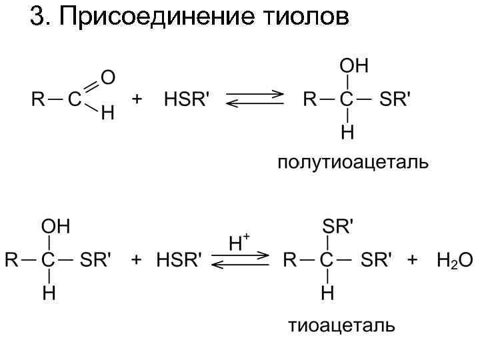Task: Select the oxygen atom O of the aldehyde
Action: (107, 78)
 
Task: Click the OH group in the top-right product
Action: (354, 66)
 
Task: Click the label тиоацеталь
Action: (341, 326)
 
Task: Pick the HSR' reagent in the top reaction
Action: (187, 100)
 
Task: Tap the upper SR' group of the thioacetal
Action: (337, 227)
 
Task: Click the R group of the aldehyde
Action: (37, 100)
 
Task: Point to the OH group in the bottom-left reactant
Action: (56, 227)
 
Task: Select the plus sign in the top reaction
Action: (137, 100)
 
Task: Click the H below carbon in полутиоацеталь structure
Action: (347, 133)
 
